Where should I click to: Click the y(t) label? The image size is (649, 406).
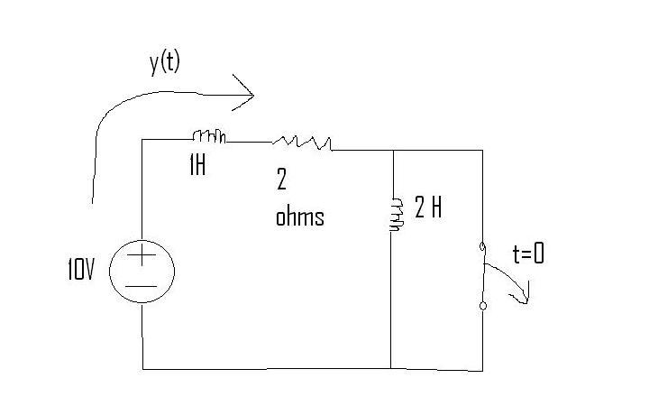(x=165, y=63)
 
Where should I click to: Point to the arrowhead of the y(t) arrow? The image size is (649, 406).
(x=253, y=95)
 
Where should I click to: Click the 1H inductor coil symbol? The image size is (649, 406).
(x=209, y=136)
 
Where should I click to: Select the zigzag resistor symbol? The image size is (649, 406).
(x=302, y=143)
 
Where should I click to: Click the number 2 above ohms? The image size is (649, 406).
(x=281, y=180)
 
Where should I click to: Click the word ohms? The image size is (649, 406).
(x=299, y=217)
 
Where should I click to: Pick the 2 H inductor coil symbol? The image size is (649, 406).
(x=396, y=215)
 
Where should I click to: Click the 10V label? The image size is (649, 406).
(x=81, y=269)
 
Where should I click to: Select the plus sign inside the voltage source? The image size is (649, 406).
(x=142, y=254)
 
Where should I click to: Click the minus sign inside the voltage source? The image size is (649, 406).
(x=142, y=286)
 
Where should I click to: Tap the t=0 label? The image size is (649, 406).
(x=528, y=253)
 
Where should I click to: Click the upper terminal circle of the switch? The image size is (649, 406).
(x=482, y=247)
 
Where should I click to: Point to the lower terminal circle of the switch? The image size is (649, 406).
(x=482, y=306)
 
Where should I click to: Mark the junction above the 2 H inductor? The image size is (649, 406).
(x=391, y=150)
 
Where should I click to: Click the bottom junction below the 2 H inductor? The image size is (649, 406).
(x=390, y=368)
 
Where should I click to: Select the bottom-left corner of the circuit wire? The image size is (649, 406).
(x=142, y=369)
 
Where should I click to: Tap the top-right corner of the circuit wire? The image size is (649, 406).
(x=482, y=151)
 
